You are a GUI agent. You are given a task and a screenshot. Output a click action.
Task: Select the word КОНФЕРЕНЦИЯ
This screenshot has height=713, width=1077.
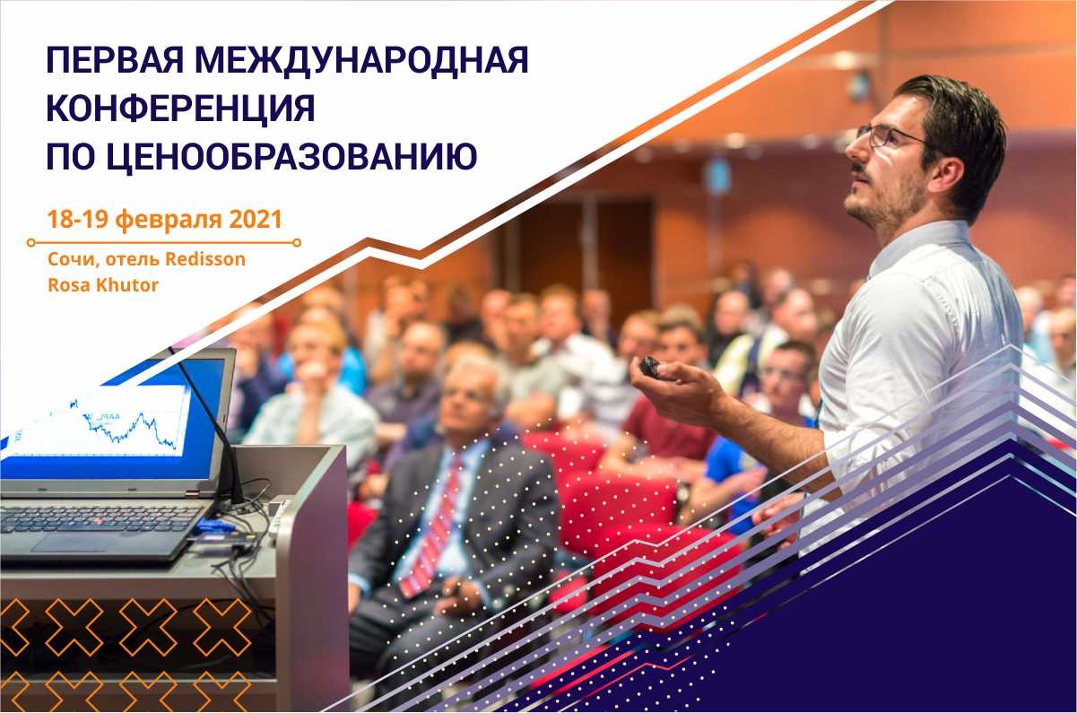click(x=181, y=108)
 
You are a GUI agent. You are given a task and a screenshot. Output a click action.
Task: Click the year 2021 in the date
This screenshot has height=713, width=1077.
click(x=256, y=219)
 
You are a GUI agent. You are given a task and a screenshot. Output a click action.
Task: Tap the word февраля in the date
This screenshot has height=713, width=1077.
click(x=169, y=220)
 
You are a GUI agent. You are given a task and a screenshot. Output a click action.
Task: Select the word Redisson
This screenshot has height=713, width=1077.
click(x=205, y=259)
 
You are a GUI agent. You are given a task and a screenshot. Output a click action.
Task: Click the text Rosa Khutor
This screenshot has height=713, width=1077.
click(x=103, y=285)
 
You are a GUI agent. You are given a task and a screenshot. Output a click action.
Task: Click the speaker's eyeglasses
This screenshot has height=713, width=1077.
click(x=890, y=136)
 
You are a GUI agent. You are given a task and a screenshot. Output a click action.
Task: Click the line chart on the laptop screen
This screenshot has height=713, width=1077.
click(x=127, y=429)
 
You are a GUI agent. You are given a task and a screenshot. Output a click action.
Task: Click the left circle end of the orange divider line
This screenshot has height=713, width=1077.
click(x=31, y=243)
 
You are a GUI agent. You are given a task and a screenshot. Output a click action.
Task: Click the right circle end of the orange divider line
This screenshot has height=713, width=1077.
click(x=297, y=243)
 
